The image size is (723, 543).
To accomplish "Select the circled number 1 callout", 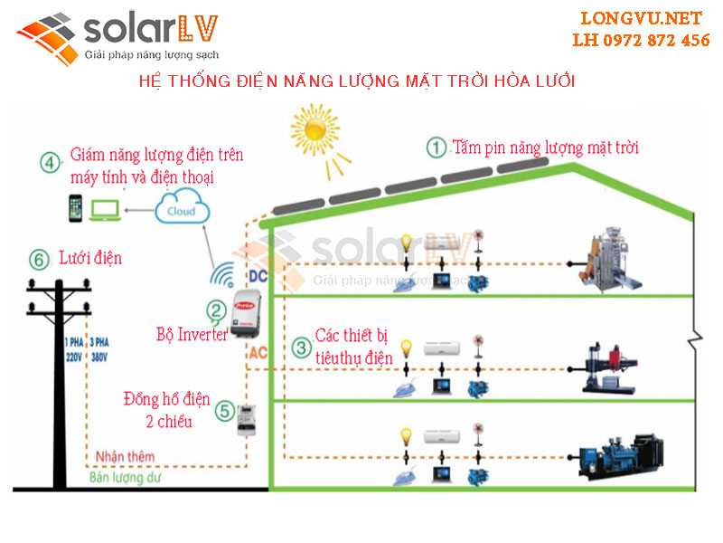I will pos(437,148).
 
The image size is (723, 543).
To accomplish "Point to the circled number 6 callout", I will pos(37,260).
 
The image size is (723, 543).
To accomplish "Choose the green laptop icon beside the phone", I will pos(105,210).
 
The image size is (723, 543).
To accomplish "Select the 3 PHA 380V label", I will pos(97,350).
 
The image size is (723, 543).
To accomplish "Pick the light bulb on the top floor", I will pos(408,243).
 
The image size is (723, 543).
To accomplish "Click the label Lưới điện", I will pos(89,259).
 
